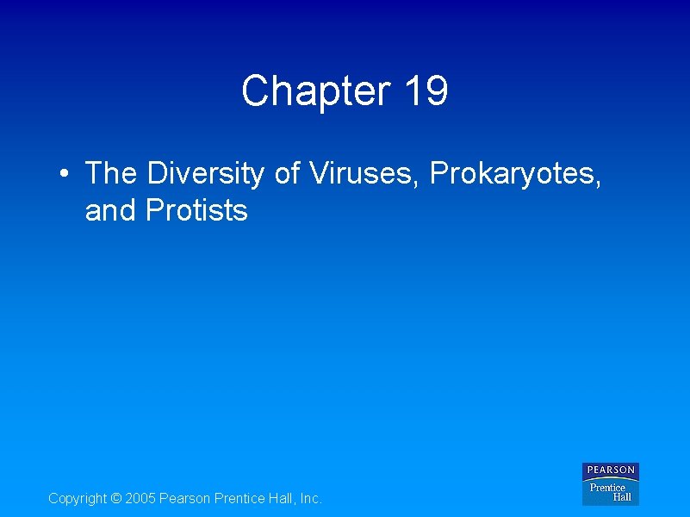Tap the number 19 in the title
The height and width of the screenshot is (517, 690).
pos(425,91)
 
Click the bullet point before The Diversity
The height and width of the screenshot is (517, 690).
pos(65,174)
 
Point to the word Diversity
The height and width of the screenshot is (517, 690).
pos(206,174)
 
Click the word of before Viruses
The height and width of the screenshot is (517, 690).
pos(287,174)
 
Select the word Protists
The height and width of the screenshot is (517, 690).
pos(197,210)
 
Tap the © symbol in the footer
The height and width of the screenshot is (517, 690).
pos(118,499)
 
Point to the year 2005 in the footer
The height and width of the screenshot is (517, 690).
pos(141,499)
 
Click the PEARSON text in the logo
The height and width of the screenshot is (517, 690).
pos(611,470)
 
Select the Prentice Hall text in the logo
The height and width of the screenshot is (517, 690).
pos(611,492)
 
